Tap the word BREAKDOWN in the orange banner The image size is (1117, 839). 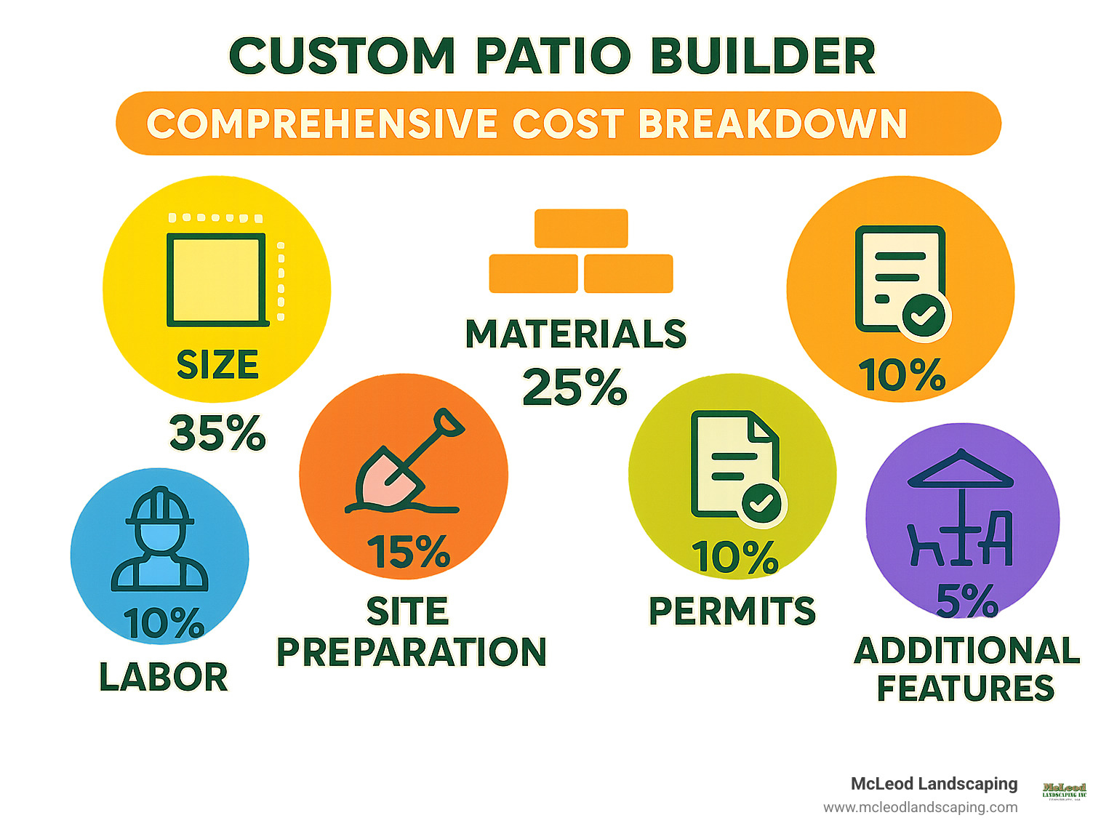point(772,124)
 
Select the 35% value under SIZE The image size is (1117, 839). point(217,433)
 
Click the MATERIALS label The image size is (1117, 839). point(575,334)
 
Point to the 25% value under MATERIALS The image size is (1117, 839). point(574,387)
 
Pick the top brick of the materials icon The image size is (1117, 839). point(581,228)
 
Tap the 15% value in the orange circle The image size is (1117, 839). point(408,552)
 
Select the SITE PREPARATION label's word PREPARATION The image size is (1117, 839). point(412,652)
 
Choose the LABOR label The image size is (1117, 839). point(164,677)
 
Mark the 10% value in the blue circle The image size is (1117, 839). point(164,624)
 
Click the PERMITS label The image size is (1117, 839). point(732,611)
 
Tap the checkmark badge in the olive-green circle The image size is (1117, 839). point(761,502)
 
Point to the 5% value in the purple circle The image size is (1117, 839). point(966,601)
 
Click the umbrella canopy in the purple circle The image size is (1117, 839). point(961,470)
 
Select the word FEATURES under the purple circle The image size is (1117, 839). point(966,689)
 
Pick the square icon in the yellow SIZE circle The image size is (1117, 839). point(216,280)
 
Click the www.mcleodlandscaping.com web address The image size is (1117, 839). point(920,807)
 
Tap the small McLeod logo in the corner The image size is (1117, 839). point(1064,790)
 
